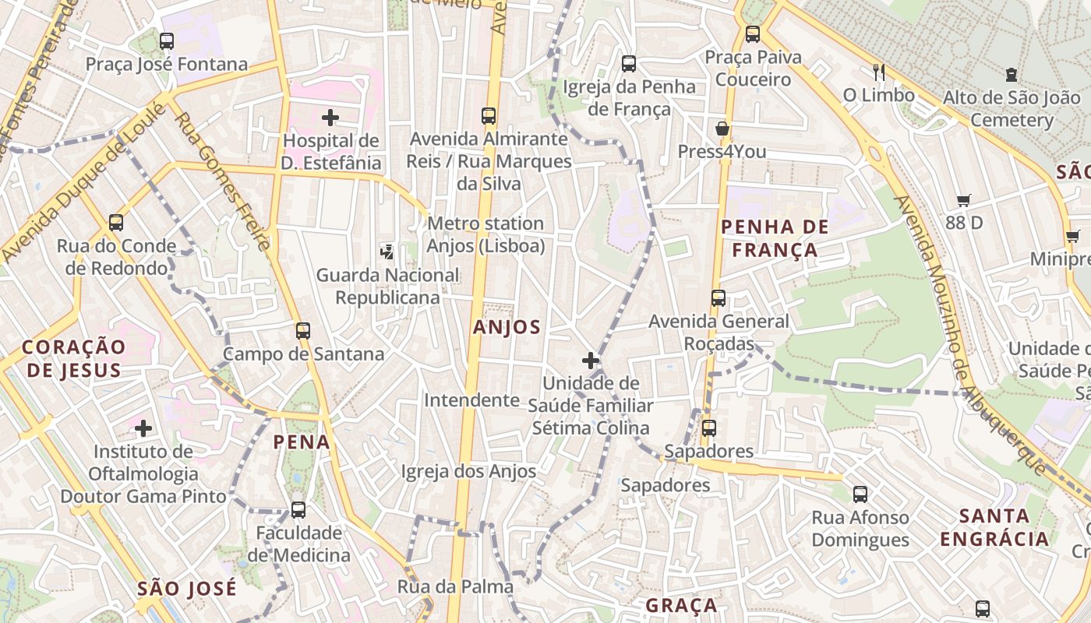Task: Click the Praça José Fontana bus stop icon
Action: tap(167, 40)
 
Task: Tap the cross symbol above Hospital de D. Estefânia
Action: tap(330, 118)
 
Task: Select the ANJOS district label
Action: tap(507, 327)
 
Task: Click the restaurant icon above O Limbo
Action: tap(879, 72)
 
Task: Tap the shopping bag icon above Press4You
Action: tap(722, 128)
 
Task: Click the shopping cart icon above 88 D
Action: tap(964, 200)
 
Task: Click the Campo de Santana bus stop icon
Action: tap(303, 330)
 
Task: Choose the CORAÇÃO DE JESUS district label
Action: tap(74, 358)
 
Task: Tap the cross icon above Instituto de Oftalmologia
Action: tap(143, 428)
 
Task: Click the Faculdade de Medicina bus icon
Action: tap(298, 510)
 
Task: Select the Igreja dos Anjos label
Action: tap(468, 471)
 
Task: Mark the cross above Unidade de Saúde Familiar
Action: tap(591, 361)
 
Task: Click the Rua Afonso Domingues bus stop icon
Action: tap(860, 494)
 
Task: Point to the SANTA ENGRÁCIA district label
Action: tap(994, 527)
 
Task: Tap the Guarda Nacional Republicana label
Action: tap(387, 286)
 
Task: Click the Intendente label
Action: tap(471, 400)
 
